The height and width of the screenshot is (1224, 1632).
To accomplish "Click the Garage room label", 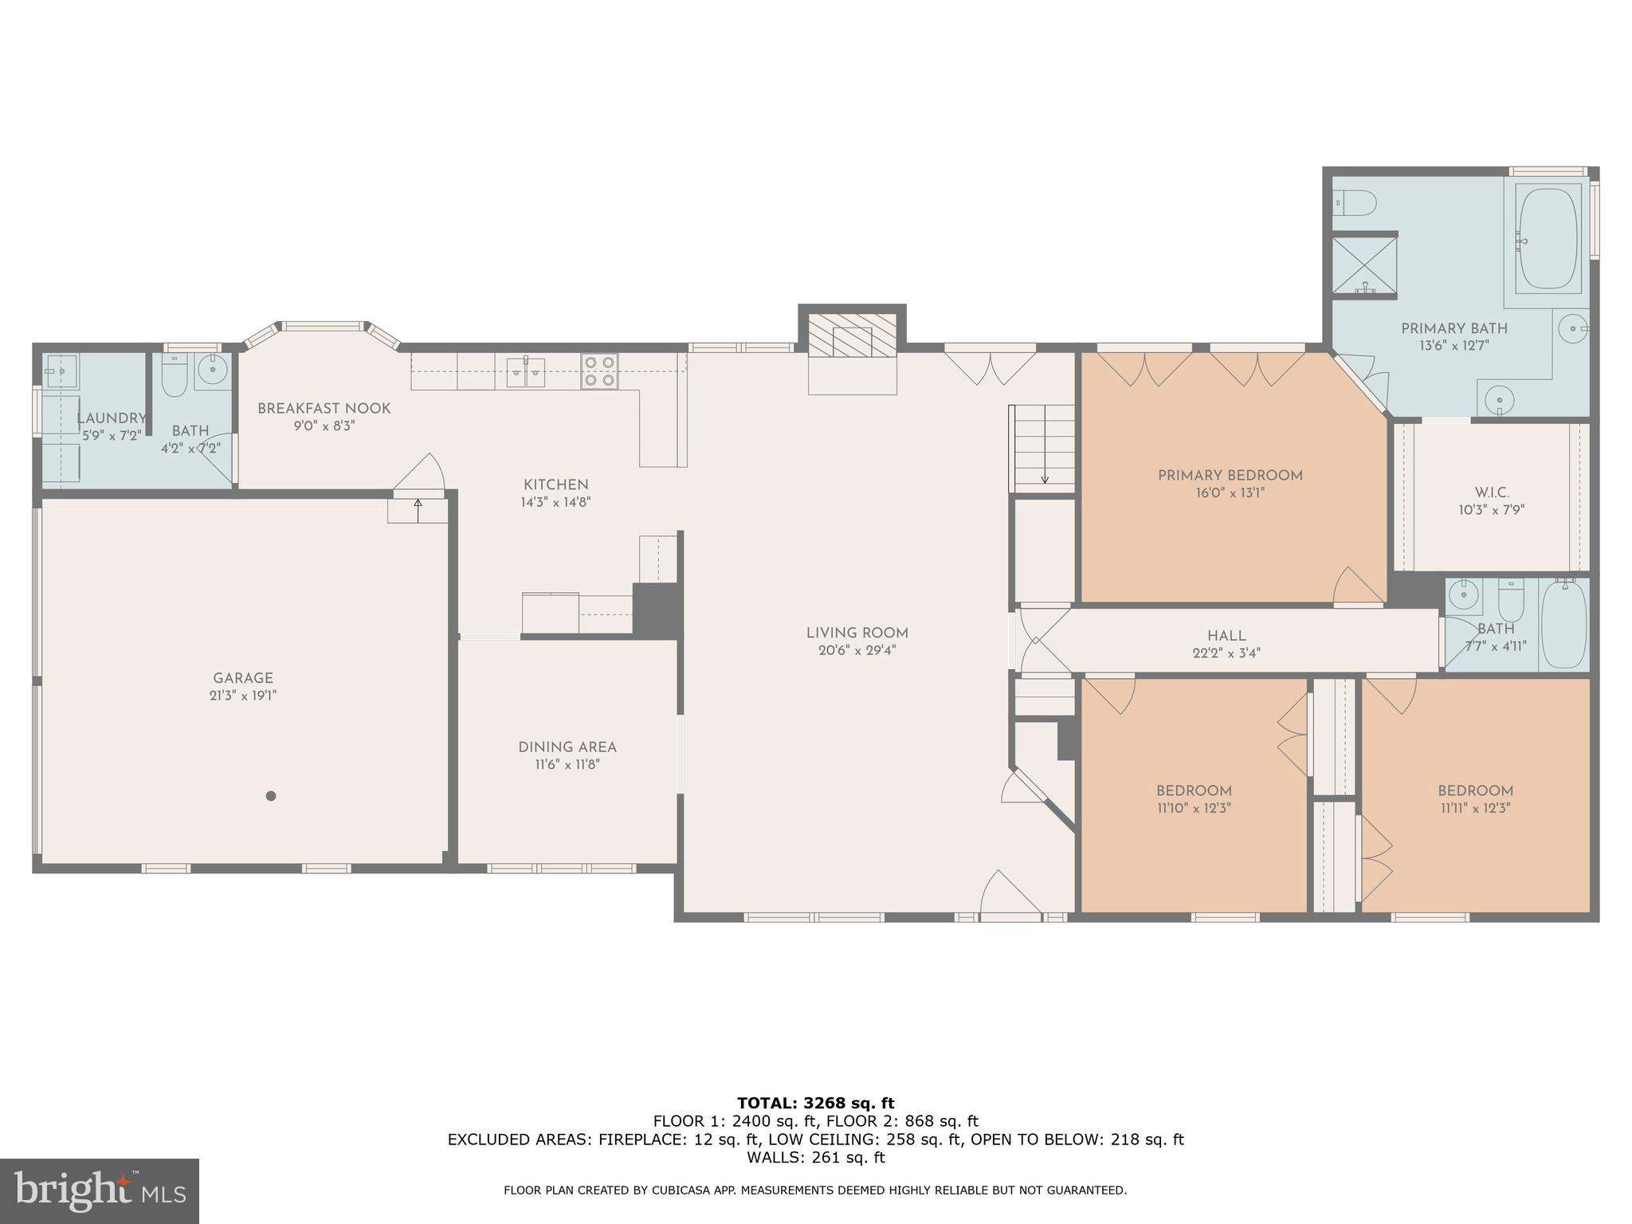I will pyautogui.click(x=242, y=678).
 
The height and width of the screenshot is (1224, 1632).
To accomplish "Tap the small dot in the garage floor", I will pyautogui.click(x=271, y=795).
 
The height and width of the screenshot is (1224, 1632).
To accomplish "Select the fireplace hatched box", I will pyautogui.click(x=852, y=335).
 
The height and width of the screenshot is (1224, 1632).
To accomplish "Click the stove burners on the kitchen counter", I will pyautogui.click(x=599, y=371).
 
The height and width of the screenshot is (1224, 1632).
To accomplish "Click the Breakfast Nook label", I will pyautogui.click(x=324, y=409).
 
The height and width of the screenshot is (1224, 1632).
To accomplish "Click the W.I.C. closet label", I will pyautogui.click(x=1492, y=493).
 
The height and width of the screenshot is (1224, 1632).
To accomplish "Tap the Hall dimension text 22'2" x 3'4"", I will pyautogui.click(x=1226, y=653).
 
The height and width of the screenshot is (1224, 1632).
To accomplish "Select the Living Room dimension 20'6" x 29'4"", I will pyautogui.click(x=857, y=650).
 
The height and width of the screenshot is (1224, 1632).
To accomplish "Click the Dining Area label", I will pyautogui.click(x=567, y=747).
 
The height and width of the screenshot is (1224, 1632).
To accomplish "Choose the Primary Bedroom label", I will pyautogui.click(x=1230, y=476).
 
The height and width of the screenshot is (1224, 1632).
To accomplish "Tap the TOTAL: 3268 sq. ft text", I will pyautogui.click(x=815, y=1103).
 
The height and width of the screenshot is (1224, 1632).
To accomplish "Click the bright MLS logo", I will pyautogui.click(x=99, y=1191).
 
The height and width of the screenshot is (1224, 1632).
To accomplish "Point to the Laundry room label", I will pyautogui.click(x=111, y=418).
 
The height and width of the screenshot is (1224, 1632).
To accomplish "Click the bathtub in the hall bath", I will pyautogui.click(x=1563, y=625).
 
